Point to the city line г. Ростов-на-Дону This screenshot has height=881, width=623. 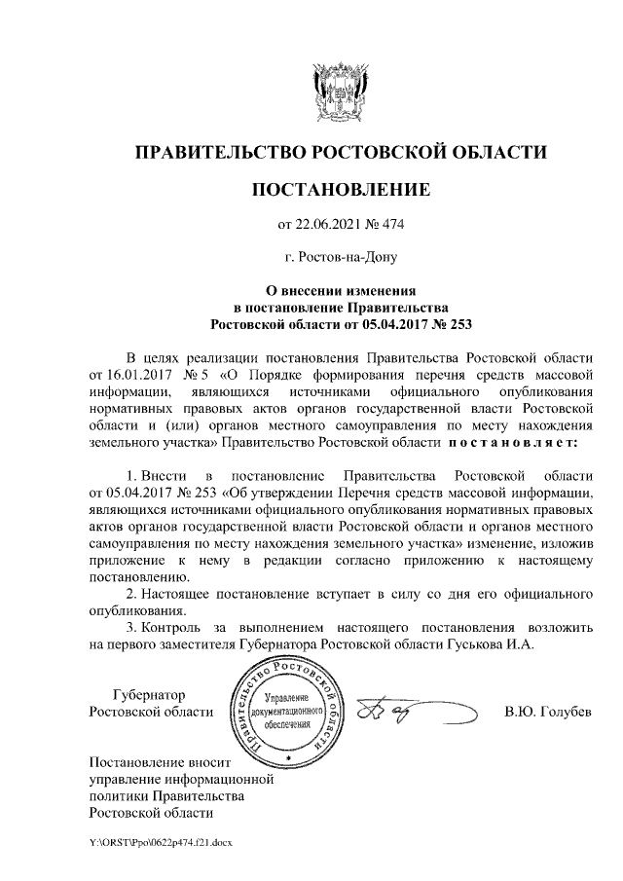(x=340, y=258)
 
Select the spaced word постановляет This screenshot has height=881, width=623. (x=512, y=443)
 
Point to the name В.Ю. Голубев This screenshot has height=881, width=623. (x=547, y=712)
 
